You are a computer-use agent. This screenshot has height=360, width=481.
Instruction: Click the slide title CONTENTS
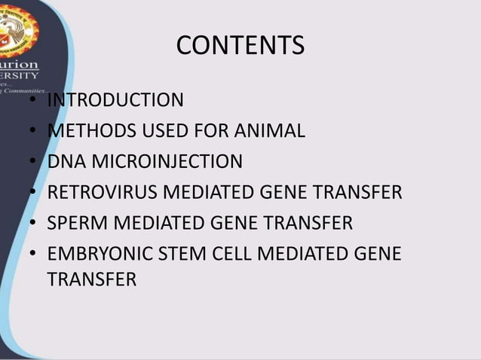tap(240, 46)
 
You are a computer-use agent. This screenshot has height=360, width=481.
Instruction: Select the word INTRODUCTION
tap(115, 100)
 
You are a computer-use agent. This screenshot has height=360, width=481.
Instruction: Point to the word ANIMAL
tap(268, 131)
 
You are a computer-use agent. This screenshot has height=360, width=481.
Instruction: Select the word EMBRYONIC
tap(97, 255)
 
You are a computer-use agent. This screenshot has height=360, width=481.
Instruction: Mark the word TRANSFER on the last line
tap(91, 279)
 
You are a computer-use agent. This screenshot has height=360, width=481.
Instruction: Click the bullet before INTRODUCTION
tap(34, 101)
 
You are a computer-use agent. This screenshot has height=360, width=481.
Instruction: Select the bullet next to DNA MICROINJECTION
tap(34, 163)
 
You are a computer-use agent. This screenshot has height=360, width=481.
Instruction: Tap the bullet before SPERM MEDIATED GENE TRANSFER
tap(34, 224)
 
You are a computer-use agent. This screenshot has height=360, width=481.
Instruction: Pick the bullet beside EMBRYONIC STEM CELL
tap(34, 255)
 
